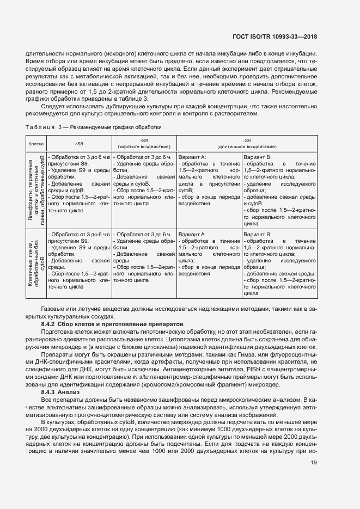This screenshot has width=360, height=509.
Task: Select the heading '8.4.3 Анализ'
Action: (60, 393)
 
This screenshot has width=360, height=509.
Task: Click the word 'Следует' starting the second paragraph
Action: (59, 106)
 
